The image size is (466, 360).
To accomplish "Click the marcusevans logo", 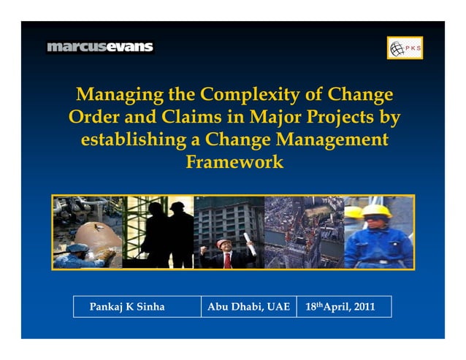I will click(100, 47).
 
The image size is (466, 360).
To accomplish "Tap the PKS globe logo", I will click(405, 48).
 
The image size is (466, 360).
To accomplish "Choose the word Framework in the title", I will click(234, 161).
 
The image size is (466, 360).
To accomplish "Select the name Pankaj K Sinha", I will click(126, 307).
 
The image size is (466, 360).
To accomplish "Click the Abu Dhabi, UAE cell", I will click(248, 307).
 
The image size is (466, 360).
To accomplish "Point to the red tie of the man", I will click(228, 258).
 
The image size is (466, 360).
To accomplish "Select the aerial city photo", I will click(303, 232).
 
